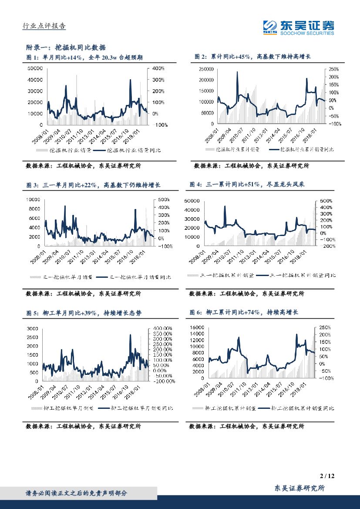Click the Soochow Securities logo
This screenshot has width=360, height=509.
(299, 27)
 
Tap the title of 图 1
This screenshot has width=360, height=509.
(84, 57)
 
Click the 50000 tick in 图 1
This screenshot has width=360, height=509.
(34, 68)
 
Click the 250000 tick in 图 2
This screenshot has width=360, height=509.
(204, 69)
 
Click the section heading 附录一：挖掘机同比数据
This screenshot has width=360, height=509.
(66, 47)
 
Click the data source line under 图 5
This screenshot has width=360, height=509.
(84, 427)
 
